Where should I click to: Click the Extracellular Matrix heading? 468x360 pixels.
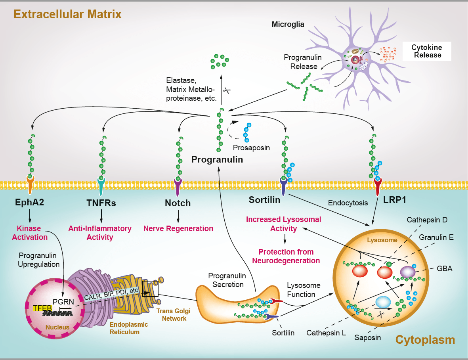pos(67,15)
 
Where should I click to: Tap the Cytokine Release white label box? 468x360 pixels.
pos(427,51)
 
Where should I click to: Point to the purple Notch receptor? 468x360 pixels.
pos(178,185)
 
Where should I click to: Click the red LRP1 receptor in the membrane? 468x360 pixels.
pos(377,185)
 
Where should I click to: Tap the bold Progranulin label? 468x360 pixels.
pos(217,159)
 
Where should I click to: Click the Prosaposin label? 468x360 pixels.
pos(251,147)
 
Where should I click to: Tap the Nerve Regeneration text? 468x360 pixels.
pos(178,228)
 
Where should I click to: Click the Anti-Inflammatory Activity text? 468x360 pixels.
pos(99,233)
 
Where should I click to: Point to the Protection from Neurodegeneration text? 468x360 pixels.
pos(286,256)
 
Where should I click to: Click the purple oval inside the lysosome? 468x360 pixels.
pos(408,272)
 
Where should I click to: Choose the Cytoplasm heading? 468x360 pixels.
pos(425,339)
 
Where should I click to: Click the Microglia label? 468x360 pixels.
pos(288,25)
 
